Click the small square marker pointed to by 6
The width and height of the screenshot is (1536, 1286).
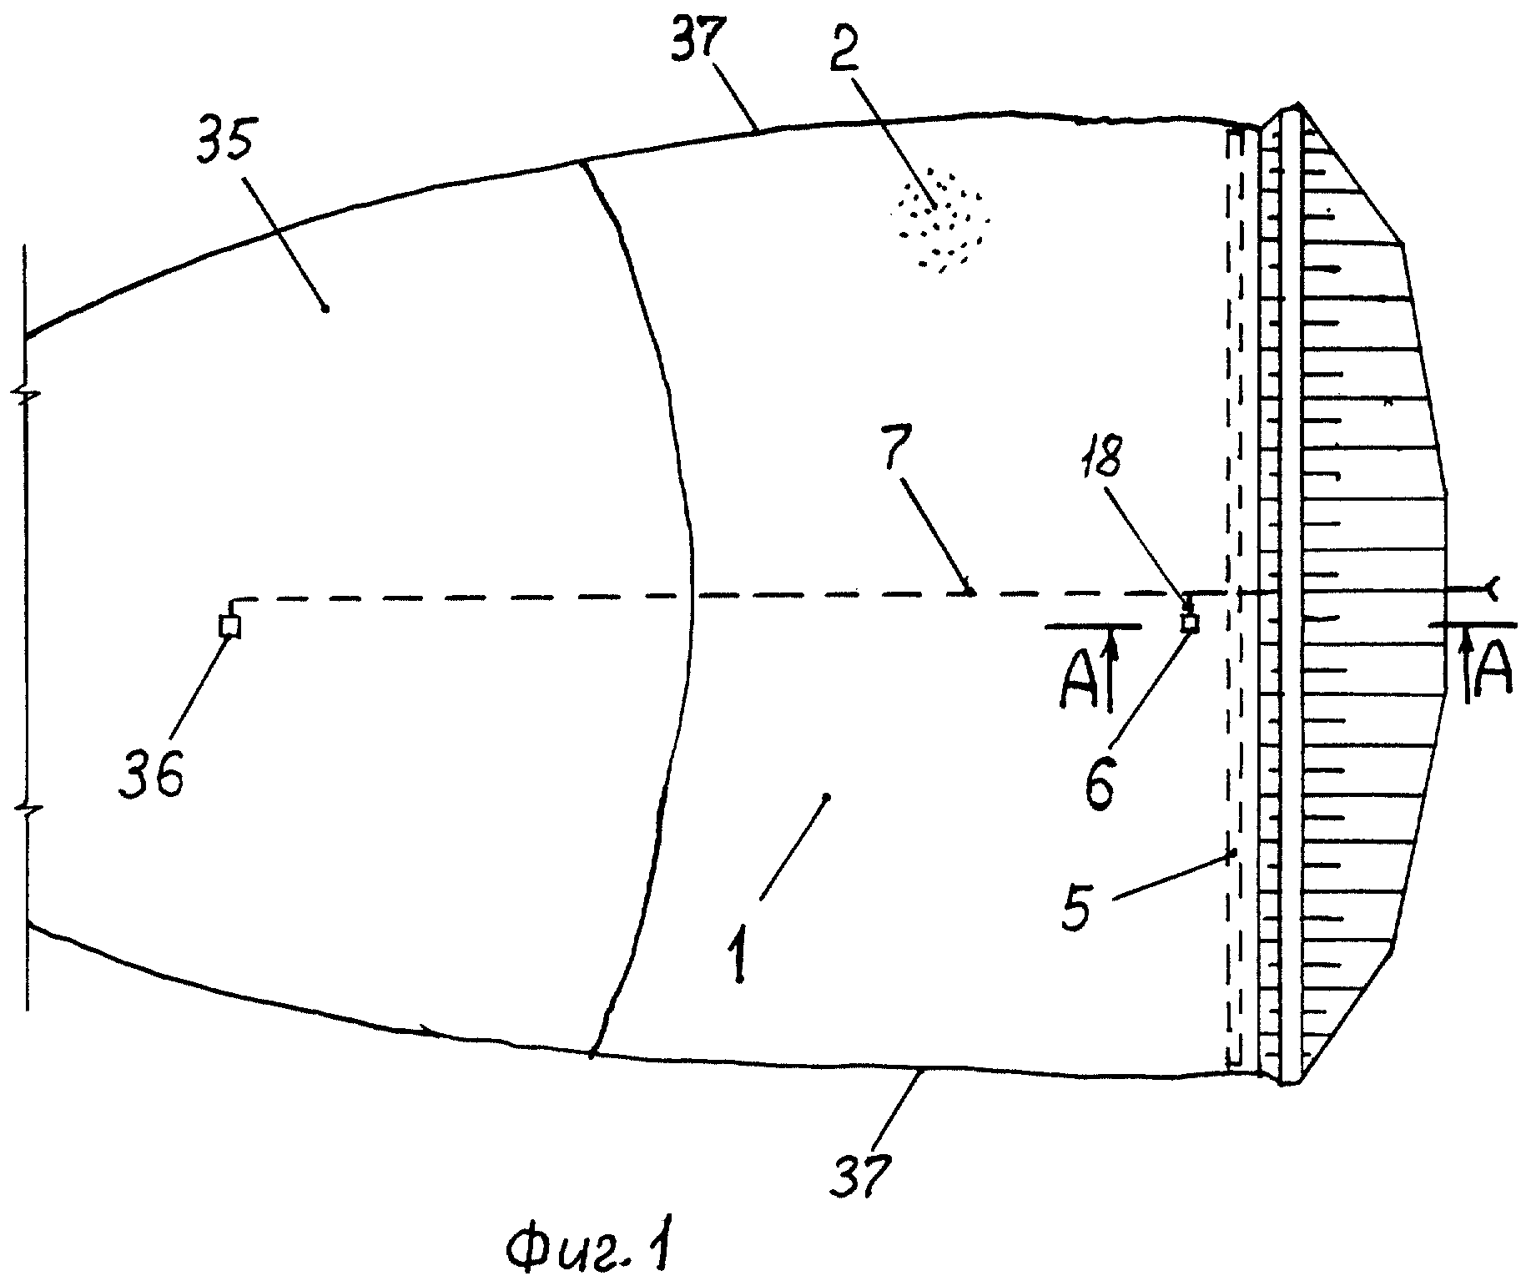coord(1190,623)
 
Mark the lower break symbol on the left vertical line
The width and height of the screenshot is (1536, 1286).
coord(25,810)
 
